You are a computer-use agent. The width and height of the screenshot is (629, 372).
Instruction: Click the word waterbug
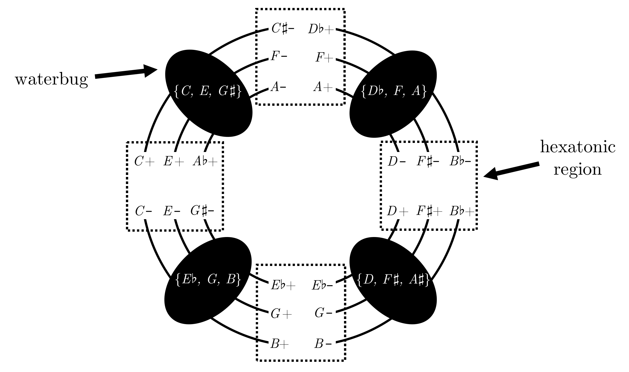click(51, 80)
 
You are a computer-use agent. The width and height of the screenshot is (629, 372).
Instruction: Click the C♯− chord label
click(282, 29)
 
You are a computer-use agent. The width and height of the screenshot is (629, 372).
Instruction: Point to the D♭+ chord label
click(321, 29)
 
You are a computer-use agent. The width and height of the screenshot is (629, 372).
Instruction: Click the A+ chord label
click(323, 87)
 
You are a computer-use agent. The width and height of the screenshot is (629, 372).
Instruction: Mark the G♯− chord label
click(202, 211)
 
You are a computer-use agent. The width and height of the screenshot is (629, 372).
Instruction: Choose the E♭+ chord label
click(283, 285)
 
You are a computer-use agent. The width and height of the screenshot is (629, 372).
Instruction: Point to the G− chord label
click(323, 313)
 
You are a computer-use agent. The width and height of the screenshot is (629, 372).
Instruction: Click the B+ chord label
click(280, 344)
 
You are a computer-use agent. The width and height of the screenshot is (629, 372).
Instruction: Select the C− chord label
click(143, 212)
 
